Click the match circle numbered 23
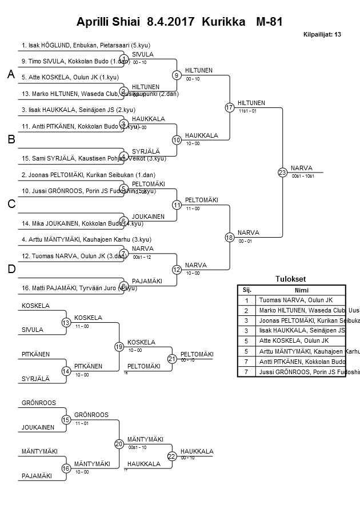click(x=282, y=172)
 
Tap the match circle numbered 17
click(x=230, y=107)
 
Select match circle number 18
click(x=230, y=237)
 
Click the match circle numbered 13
click(x=66, y=323)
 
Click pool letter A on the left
click(x=10, y=75)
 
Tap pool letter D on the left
click(x=11, y=269)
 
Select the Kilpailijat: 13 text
click(x=322, y=35)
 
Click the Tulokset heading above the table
click(x=291, y=279)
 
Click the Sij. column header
click(x=246, y=290)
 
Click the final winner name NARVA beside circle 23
click(x=301, y=168)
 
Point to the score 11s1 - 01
click(x=248, y=111)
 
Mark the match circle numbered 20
click(x=119, y=443)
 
